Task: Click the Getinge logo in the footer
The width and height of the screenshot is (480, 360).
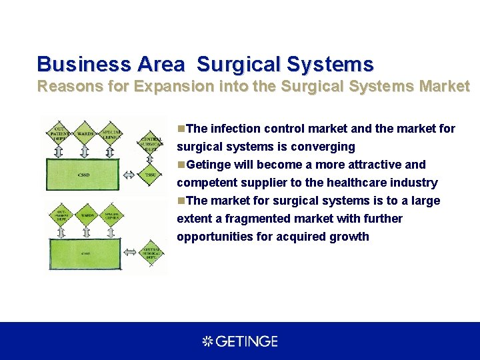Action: [x=240, y=341]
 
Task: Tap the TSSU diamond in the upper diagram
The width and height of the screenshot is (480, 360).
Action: [x=149, y=175]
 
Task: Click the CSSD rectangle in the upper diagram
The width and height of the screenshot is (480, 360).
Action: [x=82, y=175]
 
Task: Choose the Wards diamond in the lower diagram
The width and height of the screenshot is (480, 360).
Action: [x=87, y=215]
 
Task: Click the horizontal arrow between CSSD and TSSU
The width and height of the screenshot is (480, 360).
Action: [x=129, y=175]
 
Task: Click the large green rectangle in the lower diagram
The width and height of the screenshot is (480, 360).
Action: [x=85, y=253]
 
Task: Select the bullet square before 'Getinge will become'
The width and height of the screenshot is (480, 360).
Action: [x=181, y=165]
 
